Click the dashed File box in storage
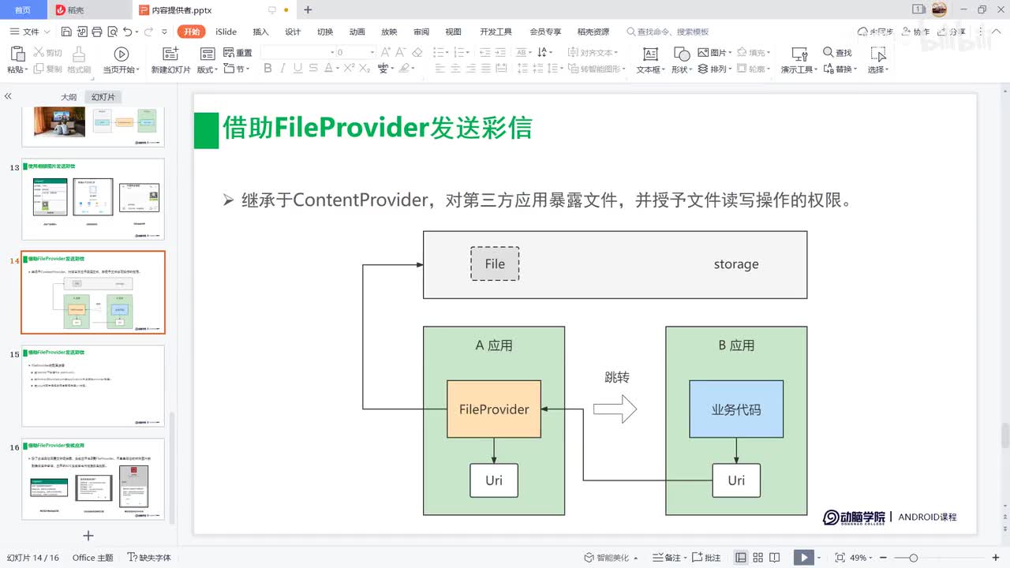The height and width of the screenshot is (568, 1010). point(495,263)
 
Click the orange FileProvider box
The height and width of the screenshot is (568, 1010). point(494,409)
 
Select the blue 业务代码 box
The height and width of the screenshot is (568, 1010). point(736,409)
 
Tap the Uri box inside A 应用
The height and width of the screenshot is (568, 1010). point(494,480)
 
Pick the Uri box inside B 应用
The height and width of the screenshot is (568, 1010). point(736,480)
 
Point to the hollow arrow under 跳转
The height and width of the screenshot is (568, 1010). point(615,409)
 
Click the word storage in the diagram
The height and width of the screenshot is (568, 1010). point(736,264)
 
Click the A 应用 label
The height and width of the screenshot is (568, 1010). point(494,346)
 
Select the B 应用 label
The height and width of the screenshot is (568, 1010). point(736,346)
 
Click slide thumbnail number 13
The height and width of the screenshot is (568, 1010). point(93,199)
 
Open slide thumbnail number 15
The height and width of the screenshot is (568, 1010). point(93,386)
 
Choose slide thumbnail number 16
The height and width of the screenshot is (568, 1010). point(93,479)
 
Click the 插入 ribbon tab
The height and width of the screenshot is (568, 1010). point(260,32)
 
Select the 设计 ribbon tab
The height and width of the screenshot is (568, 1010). point(293,32)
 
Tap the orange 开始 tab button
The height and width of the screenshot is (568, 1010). point(192,32)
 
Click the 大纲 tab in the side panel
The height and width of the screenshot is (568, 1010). point(69,97)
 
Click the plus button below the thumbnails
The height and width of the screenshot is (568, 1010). point(88,536)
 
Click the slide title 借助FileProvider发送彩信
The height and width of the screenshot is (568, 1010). point(377,128)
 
